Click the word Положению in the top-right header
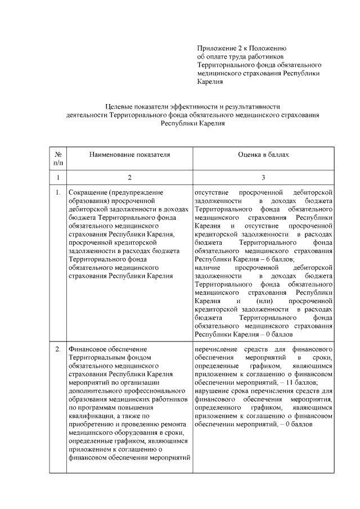point(268,49)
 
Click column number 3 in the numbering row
point(263,178)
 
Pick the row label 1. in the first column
point(58,193)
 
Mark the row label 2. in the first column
point(58,350)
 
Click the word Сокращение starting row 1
point(88,193)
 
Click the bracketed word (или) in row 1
point(263,301)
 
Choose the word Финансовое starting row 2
point(88,350)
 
